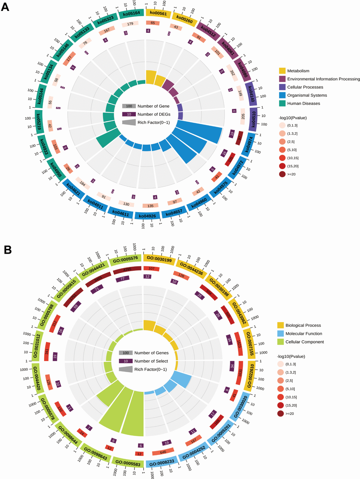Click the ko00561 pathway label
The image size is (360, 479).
pos(158,13)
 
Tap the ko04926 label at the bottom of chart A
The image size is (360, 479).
pos(147,216)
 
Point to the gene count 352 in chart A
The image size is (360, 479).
pos(232,73)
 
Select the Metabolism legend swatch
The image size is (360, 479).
pos(282,71)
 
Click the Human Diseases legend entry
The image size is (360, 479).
pos(304,103)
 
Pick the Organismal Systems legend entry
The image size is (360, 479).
pos(307,95)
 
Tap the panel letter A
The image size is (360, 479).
pos(5,7)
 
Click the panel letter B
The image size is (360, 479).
pos(7,250)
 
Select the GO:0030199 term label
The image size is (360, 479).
pos(159,259)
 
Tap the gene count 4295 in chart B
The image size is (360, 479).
pos(127,270)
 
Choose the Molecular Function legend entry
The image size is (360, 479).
pos(304,334)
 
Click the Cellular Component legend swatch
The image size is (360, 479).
pos(281,342)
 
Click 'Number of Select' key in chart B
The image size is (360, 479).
pos(151,361)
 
